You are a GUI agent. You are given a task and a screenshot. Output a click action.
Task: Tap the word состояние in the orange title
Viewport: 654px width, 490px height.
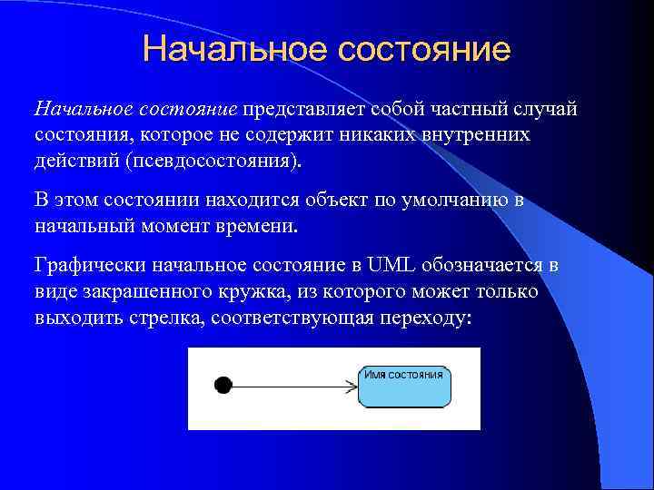pyautogui.click(x=424, y=49)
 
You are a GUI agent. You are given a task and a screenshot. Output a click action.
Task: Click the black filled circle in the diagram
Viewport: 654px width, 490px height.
pyautogui.click(x=223, y=385)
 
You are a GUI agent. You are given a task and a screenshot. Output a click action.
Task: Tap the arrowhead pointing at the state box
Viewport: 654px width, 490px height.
pyautogui.click(x=352, y=386)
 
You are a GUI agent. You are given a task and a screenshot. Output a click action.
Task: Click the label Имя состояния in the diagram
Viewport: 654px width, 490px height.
pyautogui.click(x=403, y=374)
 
